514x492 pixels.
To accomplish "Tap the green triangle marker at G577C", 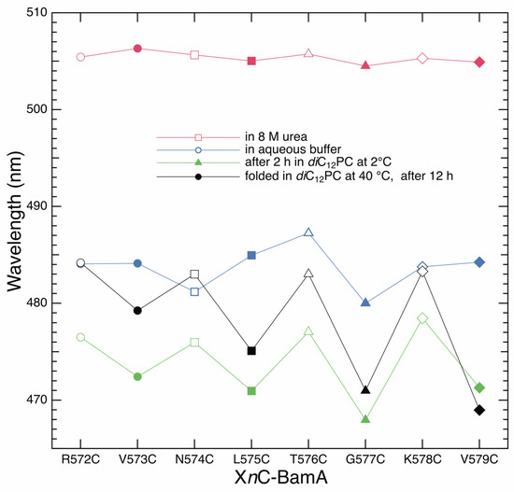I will tap(365, 419).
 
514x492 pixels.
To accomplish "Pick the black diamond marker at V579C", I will tap(479, 410).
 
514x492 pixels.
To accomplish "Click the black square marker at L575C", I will tap(251, 351).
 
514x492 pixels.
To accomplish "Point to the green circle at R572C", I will tap(80, 337).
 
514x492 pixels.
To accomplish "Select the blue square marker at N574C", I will tap(194, 291).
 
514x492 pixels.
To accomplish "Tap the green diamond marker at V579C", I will tap(479, 387).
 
